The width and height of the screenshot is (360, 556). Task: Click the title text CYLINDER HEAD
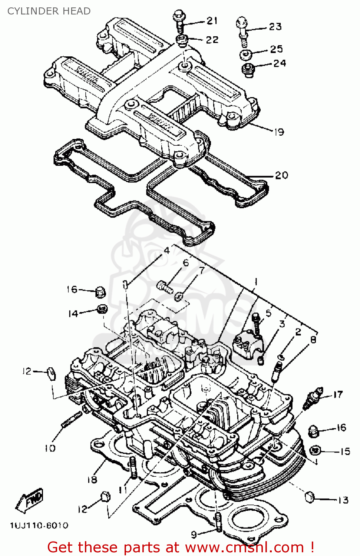pyautogui.click(x=49, y=11)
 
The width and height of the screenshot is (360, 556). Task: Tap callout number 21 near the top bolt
pyautogui.click(x=212, y=21)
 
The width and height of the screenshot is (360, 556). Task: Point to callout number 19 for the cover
pyautogui.click(x=279, y=132)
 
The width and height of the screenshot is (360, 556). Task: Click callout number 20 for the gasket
pyautogui.click(x=282, y=175)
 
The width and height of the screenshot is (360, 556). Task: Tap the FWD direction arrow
pyautogui.click(x=30, y=500)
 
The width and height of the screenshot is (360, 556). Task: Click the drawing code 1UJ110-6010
pyautogui.click(x=39, y=526)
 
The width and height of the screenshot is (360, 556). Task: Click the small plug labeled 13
pyautogui.click(x=310, y=497)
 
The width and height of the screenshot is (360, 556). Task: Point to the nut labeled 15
pyautogui.click(x=315, y=450)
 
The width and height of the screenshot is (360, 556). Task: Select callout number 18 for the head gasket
pyautogui.click(x=92, y=479)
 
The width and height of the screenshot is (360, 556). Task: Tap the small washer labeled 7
pyautogui.click(x=179, y=296)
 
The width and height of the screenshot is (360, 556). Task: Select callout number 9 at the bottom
pyautogui.click(x=194, y=534)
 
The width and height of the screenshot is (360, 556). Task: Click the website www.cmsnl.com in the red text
pyautogui.click(x=245, y=547)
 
